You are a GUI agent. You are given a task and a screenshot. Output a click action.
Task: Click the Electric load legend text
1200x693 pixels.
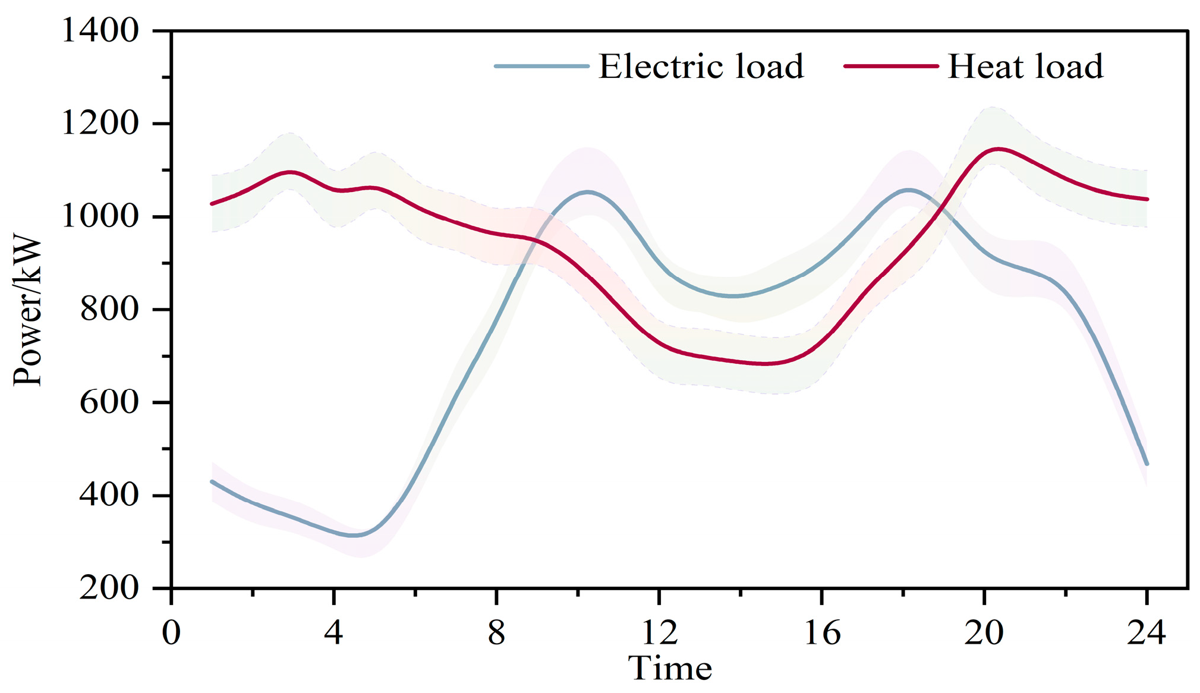701,66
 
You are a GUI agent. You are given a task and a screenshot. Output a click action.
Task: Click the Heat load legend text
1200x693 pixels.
1025,66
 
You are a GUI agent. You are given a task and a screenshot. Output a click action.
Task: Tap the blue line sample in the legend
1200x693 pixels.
541,66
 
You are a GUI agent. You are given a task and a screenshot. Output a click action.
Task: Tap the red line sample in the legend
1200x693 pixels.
891,66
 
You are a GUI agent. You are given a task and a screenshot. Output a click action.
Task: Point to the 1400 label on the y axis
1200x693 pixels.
100,30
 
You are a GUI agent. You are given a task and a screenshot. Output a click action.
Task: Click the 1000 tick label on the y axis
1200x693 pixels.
100,216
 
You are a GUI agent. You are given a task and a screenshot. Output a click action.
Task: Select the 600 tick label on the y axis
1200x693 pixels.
109,402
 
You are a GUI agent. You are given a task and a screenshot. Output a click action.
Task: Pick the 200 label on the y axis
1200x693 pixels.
109,588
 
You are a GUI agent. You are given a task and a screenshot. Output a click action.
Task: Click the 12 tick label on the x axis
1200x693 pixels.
659,632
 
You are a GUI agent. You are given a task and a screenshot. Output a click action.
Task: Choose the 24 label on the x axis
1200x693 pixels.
1147,632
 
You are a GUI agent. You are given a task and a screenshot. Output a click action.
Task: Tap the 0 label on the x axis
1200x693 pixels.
171,632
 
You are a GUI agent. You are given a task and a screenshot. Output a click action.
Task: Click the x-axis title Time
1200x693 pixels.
670,669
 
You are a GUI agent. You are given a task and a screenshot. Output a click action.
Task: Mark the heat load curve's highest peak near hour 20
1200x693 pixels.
998,149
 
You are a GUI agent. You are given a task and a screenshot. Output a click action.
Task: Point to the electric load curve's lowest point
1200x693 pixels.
354,535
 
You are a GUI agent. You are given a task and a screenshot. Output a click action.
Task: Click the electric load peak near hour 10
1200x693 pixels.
588,191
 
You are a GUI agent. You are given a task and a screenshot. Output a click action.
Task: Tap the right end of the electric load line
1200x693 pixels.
1147,464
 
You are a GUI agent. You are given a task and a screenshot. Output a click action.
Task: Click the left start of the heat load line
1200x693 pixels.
212,204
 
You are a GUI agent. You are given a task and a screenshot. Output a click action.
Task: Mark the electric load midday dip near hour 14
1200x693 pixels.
735,295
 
